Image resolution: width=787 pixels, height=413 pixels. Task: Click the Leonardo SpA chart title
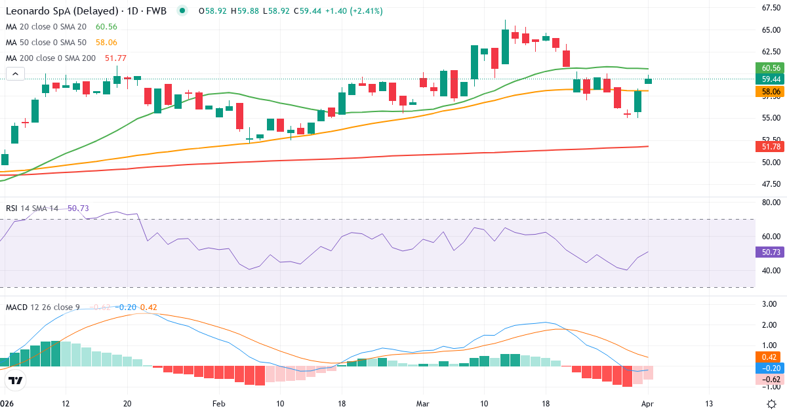coord(85,11)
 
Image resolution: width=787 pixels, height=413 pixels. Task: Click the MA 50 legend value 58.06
coord(106,43)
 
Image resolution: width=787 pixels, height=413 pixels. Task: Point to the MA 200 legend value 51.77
coord(115,58)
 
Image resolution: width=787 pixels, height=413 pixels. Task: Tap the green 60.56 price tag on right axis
coord(771,68)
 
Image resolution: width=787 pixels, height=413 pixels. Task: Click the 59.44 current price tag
coord(771,79)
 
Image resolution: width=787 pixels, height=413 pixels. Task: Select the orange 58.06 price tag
coord(771,92)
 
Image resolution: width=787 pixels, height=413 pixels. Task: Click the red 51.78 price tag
coord(771,146)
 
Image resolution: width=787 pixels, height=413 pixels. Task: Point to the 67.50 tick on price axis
coord(770,8)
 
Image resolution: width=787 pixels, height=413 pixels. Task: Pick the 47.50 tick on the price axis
coord(770,184)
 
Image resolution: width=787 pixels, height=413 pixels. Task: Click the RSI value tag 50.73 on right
coord(771,252)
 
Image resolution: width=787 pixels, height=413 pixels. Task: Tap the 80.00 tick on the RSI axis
coord(770,203)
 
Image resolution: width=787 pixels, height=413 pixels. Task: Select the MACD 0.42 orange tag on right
coord(771,357)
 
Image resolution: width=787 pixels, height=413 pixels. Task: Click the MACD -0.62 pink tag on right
coord(771,379)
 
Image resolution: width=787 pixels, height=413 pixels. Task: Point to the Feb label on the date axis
coord(218,403)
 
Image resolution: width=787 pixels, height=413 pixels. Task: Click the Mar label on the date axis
coord(422,403)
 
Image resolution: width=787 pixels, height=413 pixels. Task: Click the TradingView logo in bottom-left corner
coord(15,380)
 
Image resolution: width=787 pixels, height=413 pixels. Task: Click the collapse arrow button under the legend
coord(15,74)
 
